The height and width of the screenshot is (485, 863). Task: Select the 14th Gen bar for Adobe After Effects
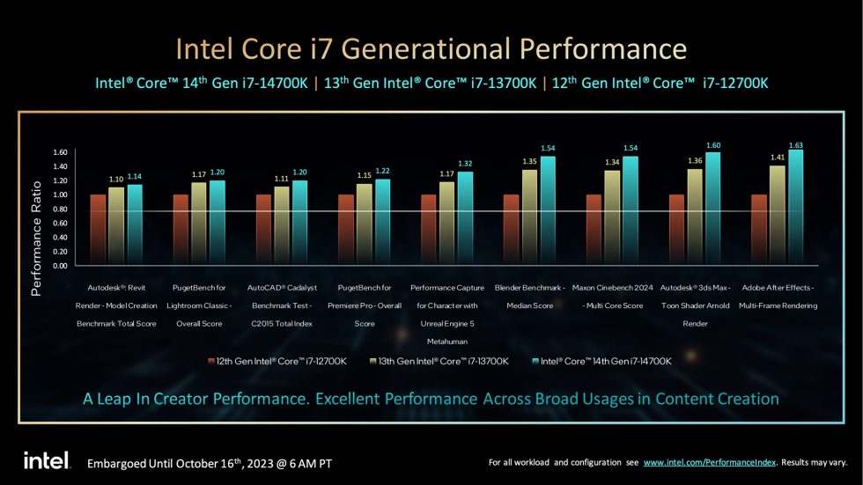pos(795,208)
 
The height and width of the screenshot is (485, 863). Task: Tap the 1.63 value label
pos(795,145)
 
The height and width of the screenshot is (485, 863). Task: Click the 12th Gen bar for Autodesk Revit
pos(98,230)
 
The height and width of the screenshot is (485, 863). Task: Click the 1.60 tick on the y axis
pos(59,152)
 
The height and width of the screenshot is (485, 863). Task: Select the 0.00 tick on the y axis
pos(59,265)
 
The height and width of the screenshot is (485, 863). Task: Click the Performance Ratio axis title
pos(37,237)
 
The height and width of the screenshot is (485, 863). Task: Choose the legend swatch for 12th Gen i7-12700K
pos(211,361)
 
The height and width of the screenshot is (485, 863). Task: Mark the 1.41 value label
pos(778,158)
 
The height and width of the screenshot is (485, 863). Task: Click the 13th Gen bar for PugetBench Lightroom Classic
pos(199,224)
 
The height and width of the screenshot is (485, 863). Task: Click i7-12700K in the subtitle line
pos(734,83)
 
